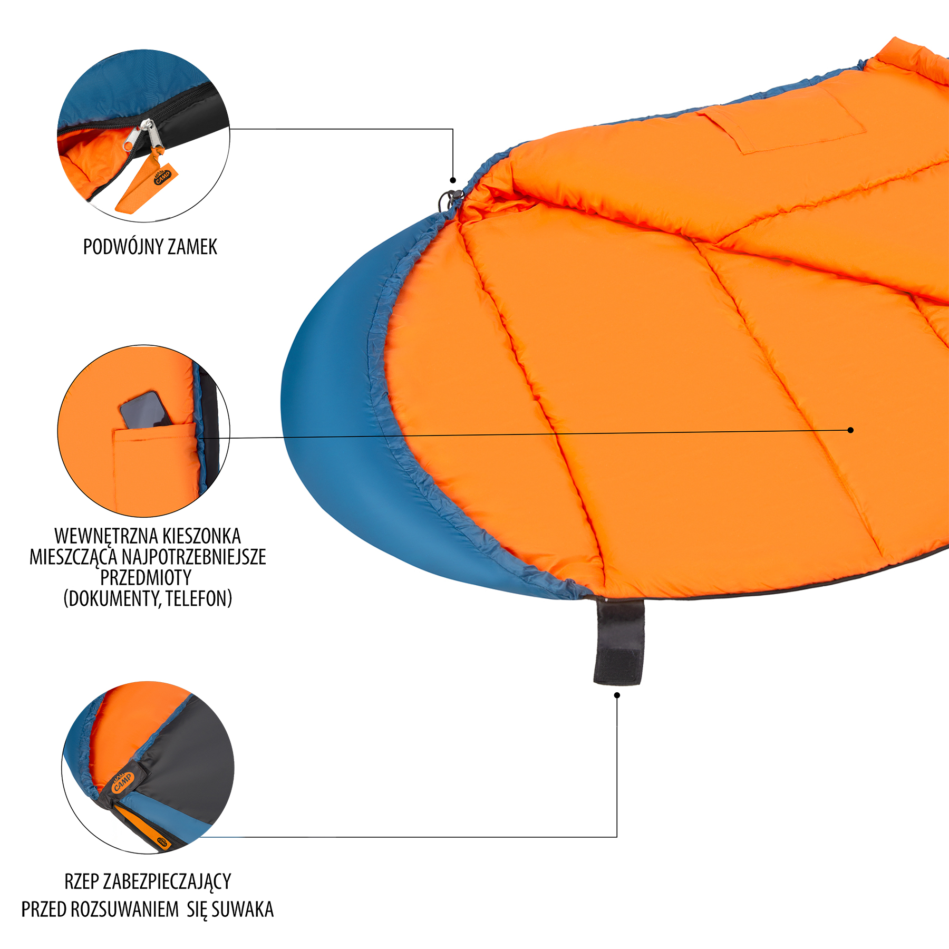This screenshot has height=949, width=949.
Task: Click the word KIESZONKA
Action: click(201, 536)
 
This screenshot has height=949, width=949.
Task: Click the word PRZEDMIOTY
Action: click(146, 577)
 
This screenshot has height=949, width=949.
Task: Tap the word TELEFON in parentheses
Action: click(199, 599)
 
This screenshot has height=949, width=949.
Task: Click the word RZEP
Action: click(81, 881)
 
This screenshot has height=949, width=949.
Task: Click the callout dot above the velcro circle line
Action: click(617, 695)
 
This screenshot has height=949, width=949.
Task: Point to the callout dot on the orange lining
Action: click(850, 430)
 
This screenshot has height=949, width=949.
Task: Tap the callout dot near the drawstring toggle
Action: click(453, 180)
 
